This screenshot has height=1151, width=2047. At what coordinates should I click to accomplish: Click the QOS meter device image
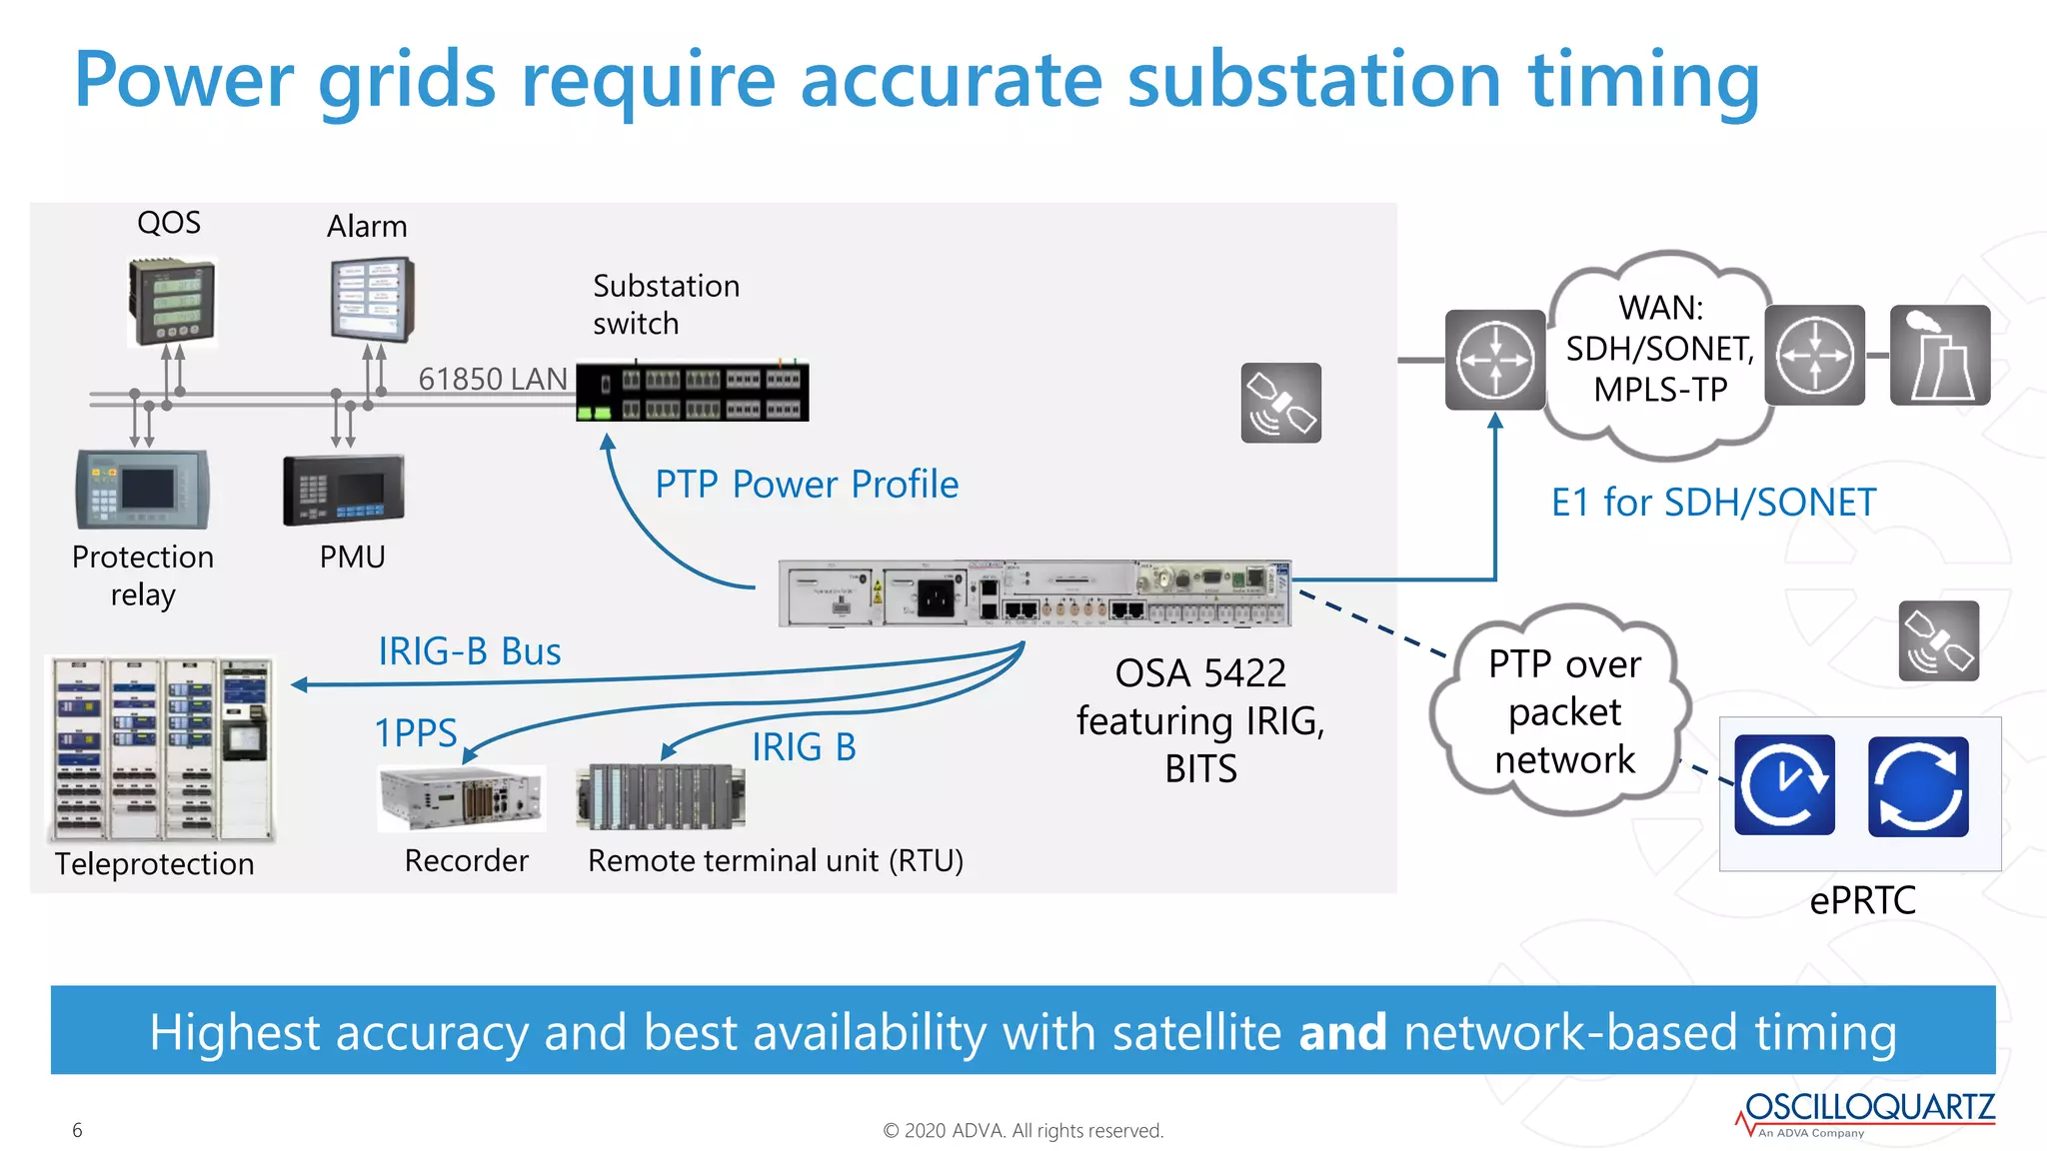pos(172,300)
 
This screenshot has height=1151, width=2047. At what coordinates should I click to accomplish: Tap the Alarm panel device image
pos(372,299)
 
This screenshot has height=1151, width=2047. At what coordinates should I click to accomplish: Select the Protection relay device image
pos(143,489)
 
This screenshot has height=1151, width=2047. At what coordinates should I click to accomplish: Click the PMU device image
pos(344,490)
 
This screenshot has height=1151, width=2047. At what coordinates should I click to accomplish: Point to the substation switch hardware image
pos(693,392)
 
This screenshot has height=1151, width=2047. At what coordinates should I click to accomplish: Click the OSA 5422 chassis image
pos(1034,593)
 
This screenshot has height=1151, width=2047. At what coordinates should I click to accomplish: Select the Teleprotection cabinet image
pos(161,748)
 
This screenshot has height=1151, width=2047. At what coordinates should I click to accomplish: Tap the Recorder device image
pos(462,797)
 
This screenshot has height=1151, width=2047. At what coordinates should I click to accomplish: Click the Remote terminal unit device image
pos(661,796)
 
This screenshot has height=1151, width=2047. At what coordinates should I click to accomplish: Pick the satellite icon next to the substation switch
pos(1280,403)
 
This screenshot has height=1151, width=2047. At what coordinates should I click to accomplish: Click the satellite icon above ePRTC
pos(1938,641)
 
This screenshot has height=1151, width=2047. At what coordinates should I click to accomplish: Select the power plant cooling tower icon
pos(1939,355)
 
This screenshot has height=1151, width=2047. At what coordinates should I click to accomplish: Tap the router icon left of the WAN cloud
pos(1494,360)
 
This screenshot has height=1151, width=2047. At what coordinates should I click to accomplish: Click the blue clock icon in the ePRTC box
pos(1784,785)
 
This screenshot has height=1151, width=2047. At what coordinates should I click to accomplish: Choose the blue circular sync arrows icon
pos(1917,786)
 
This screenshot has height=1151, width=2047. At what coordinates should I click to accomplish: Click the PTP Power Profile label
pos(807,485)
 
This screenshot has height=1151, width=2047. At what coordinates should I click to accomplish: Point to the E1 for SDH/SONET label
pos(1713,502)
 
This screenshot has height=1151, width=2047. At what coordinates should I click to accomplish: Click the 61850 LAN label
pos(492,380)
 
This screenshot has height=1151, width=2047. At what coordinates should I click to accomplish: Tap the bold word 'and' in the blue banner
pos(1341,1032)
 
